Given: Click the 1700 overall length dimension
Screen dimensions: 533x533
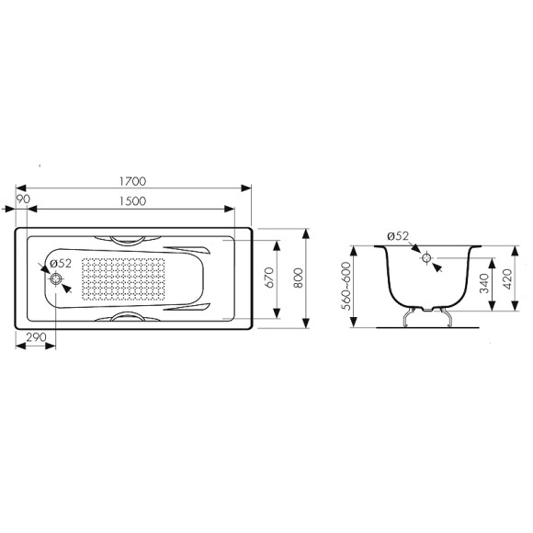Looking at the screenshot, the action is click(132, 182).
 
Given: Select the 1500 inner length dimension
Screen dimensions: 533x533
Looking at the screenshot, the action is click(132, 201).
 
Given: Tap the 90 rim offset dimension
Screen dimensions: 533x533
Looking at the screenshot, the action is click(23, 199).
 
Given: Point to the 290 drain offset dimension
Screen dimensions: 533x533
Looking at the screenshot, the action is click(36, 337).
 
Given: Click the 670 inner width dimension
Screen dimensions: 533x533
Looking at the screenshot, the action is click(269, 278).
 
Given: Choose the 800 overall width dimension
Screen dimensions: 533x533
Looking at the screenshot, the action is click(298, 278).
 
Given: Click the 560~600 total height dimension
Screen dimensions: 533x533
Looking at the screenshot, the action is click(346, 286).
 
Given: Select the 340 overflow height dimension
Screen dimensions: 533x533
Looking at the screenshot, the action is click(484, 283).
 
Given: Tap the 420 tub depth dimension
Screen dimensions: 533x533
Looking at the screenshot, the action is click(507, 279).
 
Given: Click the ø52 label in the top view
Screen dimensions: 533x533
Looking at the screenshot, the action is click(61, 264).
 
